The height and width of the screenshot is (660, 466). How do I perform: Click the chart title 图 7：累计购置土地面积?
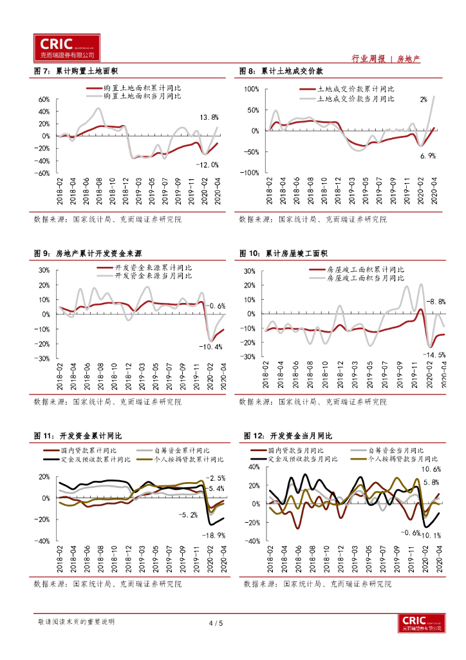coord(80,71)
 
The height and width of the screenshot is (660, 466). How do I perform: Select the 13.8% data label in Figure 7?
coord(209,117)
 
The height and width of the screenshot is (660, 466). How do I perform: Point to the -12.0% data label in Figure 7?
coord(206,164)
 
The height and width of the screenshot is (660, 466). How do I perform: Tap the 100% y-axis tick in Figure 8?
coord(250,88)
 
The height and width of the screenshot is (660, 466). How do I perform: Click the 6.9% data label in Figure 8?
coord(428,155)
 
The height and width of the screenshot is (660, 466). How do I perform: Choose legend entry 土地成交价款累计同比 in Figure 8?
coord(355,89)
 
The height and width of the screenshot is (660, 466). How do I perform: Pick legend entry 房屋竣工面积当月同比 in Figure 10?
coord(365,278)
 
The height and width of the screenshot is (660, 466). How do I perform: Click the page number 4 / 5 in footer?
coord(216,623)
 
